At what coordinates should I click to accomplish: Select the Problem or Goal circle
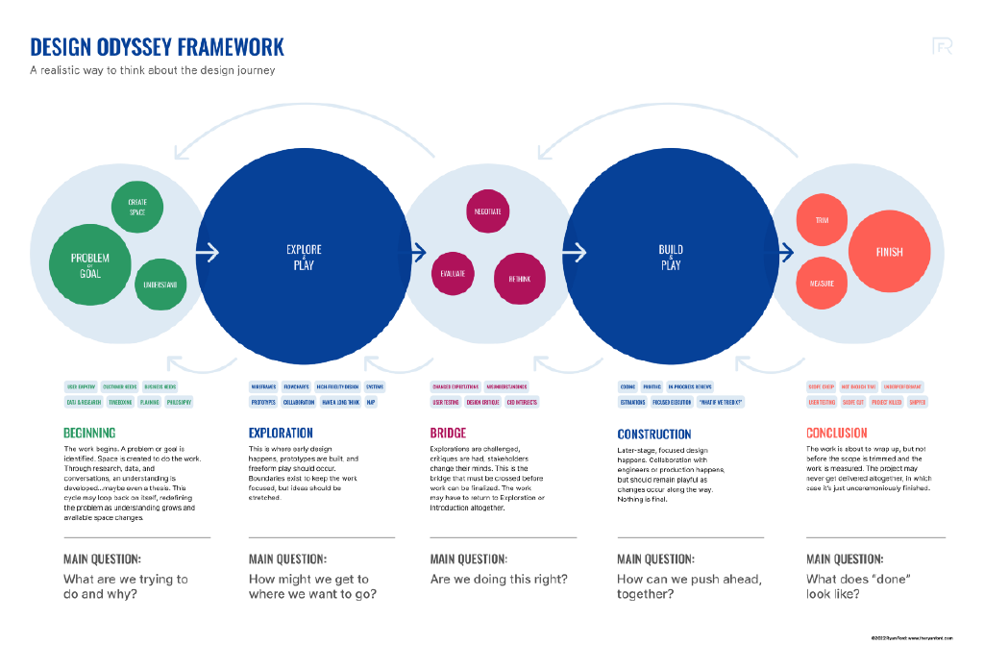pyautogui.click(x=90, y=265)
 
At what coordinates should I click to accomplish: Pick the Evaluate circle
pyautogui.click(x=453, y=274)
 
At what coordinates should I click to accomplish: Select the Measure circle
pyautogui.click(x=822, y=284)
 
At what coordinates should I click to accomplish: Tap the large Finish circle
pyautogui.click(x=889, y=252)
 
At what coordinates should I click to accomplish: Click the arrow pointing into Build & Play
pyautogui.click(x=574, y=253)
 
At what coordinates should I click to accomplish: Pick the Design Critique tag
pyautogui.click(x=482, y=402)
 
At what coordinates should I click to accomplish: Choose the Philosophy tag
pyautogui.click(x=179, y=402)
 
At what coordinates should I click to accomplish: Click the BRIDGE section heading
pyautogui.click(x=449, y=433)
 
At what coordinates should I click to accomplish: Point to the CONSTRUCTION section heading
pyautogui.click(x=654, y=434)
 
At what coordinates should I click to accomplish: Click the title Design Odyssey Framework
pyautogui.click(x=157, y=47)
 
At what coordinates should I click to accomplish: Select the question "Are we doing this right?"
pyautogui.click(x=499, y=579)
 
